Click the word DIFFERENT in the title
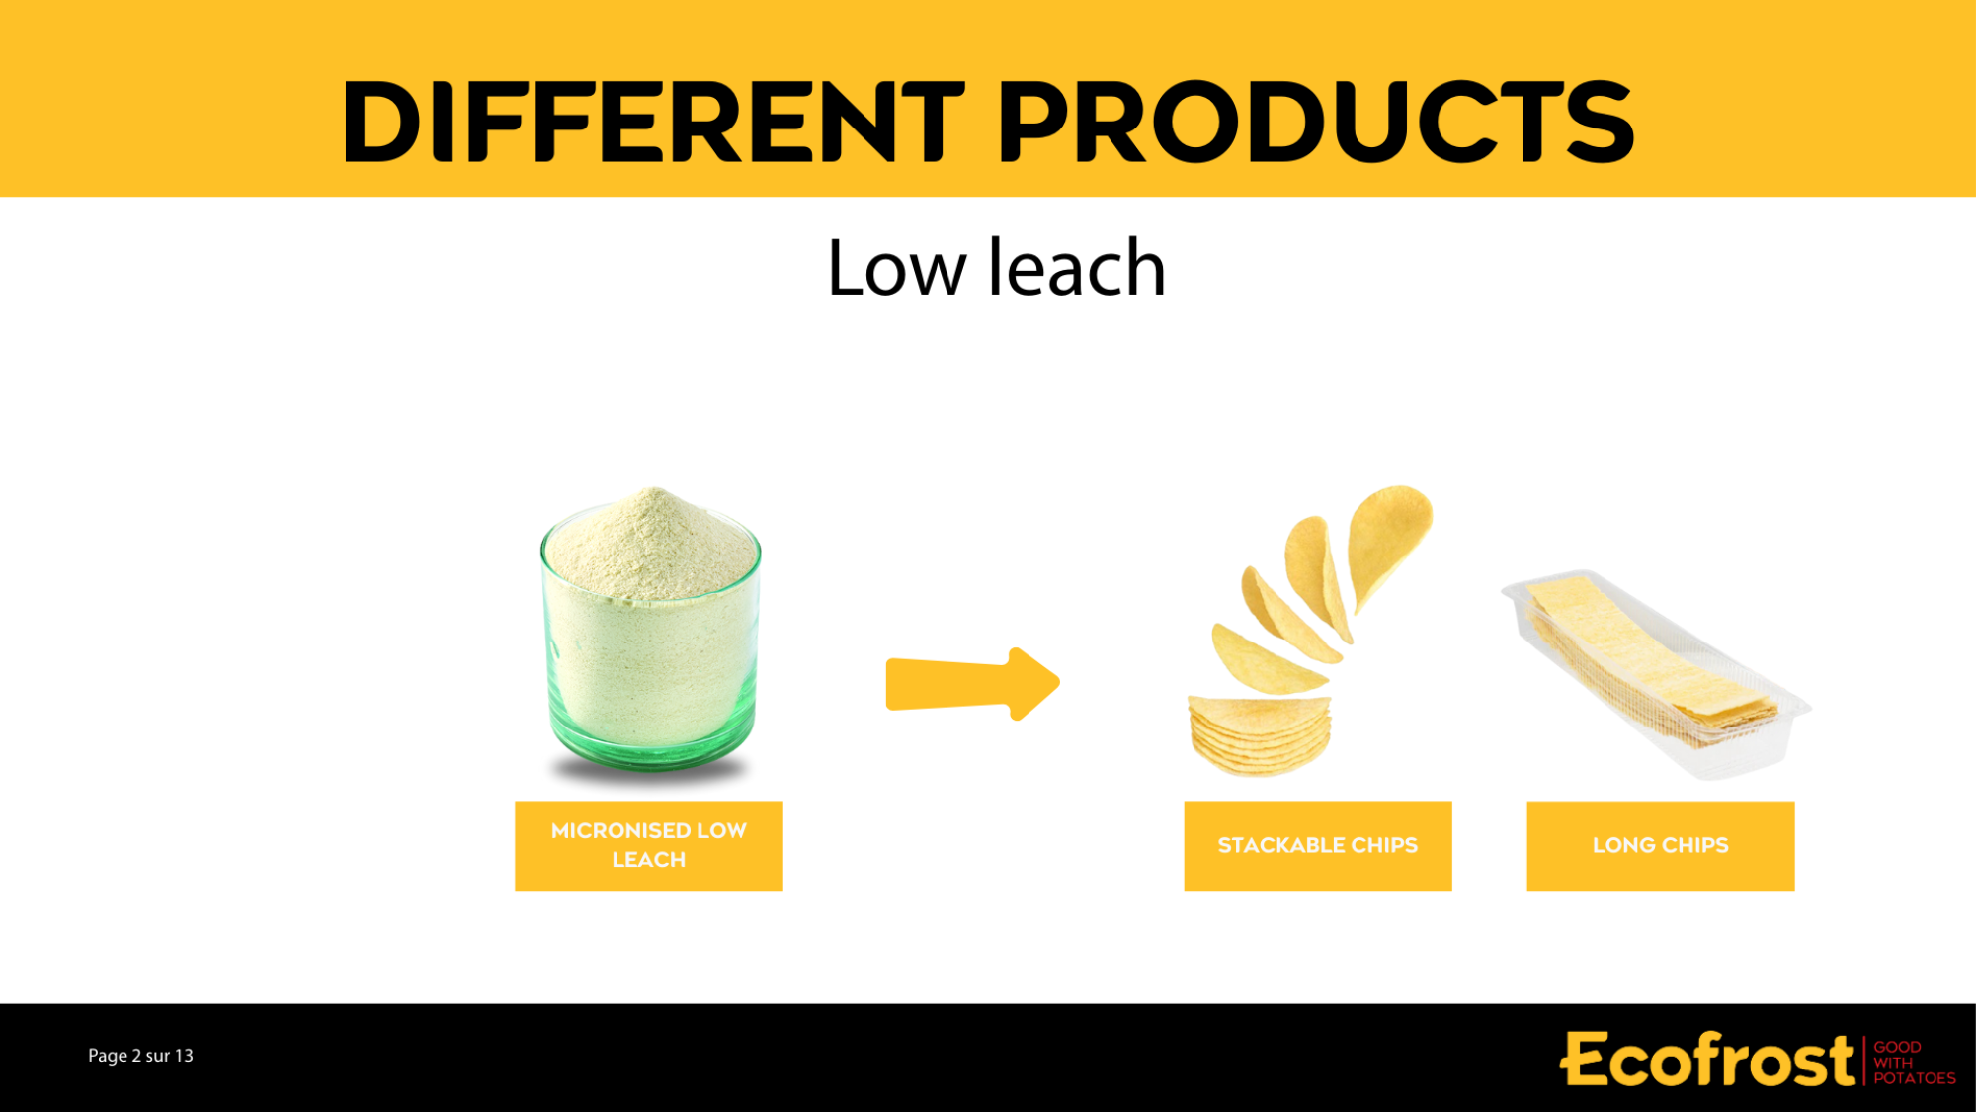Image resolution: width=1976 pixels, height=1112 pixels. (653, 122)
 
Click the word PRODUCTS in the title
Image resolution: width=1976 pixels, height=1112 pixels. (1317, 122)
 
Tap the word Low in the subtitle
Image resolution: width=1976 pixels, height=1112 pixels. (896, 268)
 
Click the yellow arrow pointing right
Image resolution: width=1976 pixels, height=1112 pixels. (973, 684)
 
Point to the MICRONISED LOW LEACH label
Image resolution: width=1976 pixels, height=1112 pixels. (649, 845)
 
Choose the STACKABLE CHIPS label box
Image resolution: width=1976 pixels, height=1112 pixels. (1318, 845)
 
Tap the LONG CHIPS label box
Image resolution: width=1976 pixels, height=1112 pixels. (1661, 845)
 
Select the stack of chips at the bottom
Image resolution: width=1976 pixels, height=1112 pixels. (1260, 734)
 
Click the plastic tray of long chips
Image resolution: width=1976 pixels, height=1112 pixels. (1656, 674)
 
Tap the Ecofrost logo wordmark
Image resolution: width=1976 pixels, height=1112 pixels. (1707, 1060)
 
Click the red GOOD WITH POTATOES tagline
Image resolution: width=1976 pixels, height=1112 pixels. (1915, 1063)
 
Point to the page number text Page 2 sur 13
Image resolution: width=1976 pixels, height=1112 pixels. (140, 1056)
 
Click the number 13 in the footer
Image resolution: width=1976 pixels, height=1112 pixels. (184, 1056)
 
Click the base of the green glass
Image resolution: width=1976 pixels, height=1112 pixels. (651, 756)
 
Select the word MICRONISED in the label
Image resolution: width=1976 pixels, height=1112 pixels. (620, 831)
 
